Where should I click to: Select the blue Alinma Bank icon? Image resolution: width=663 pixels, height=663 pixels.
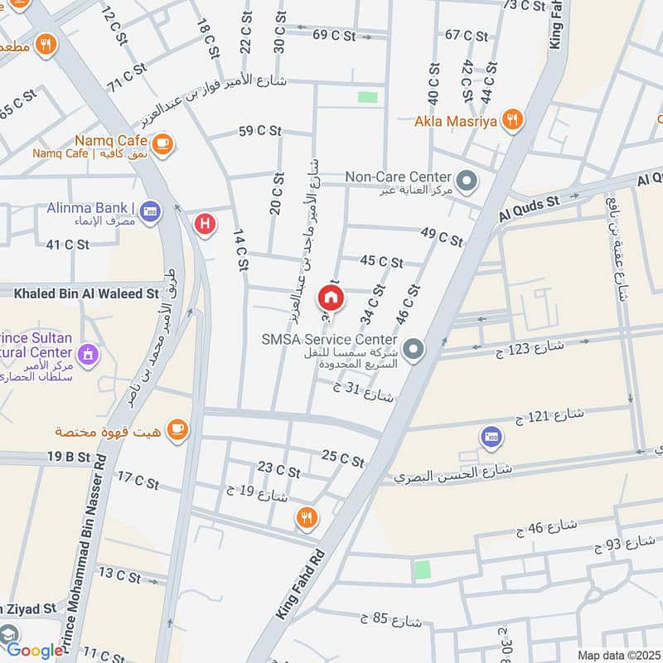click(x=150, y=211)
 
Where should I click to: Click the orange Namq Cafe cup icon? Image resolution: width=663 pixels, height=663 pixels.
click(x=162, y=143)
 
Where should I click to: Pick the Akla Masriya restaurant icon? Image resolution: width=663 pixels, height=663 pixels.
click(x=514, y=121)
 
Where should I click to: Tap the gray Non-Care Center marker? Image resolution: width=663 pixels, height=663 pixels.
click(x=467, y=179)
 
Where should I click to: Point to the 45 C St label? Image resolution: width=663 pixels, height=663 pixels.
click(x=381, y=262)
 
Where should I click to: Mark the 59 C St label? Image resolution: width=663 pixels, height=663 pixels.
click(x=257, y=131)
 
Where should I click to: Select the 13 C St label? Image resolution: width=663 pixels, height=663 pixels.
click(x=119, y=573)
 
